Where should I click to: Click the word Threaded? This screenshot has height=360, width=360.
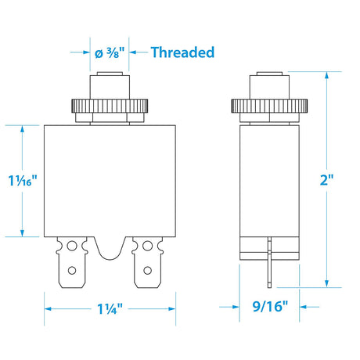coord(182,52)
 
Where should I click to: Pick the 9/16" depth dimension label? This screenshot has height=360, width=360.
coord(267,308)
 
